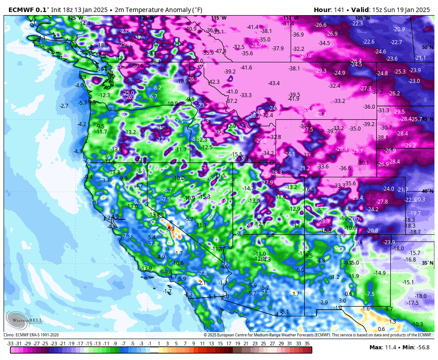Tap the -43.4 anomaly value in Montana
point(274,83)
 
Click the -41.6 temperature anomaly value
point(246,68)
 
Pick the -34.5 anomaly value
point(324,43)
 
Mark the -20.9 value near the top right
point(399,29)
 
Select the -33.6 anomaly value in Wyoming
point(323,166)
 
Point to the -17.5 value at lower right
point(413,303)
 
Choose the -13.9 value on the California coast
point(146,269)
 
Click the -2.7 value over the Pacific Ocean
point(64,106)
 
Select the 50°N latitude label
point(427,47)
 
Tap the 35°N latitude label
point(427,263)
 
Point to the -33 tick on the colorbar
point(10,344)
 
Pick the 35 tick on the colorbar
point(307,344)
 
